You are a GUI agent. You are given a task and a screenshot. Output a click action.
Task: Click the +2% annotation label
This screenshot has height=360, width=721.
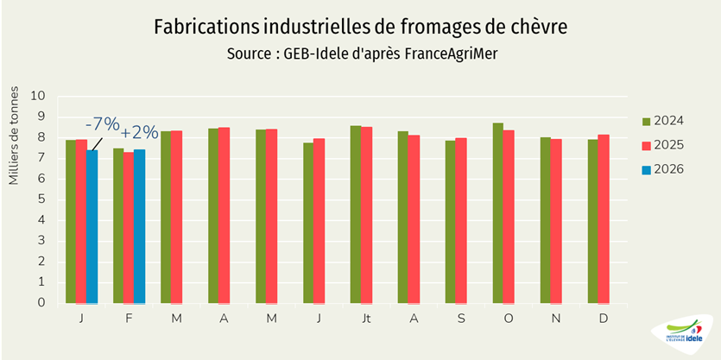click(x=139, y=133)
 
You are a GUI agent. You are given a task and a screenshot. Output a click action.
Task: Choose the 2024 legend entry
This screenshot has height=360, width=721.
click(x=662, y=120)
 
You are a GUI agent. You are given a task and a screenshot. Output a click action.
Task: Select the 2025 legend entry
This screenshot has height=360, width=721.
click(x=662, y=144)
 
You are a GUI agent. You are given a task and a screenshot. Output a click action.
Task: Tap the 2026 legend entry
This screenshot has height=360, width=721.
click(x=662, y=168)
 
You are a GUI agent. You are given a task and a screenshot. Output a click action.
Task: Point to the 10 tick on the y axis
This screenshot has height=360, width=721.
click(x=39, y=96)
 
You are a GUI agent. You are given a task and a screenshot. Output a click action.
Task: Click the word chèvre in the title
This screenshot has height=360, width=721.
click(x=539, y=27)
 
